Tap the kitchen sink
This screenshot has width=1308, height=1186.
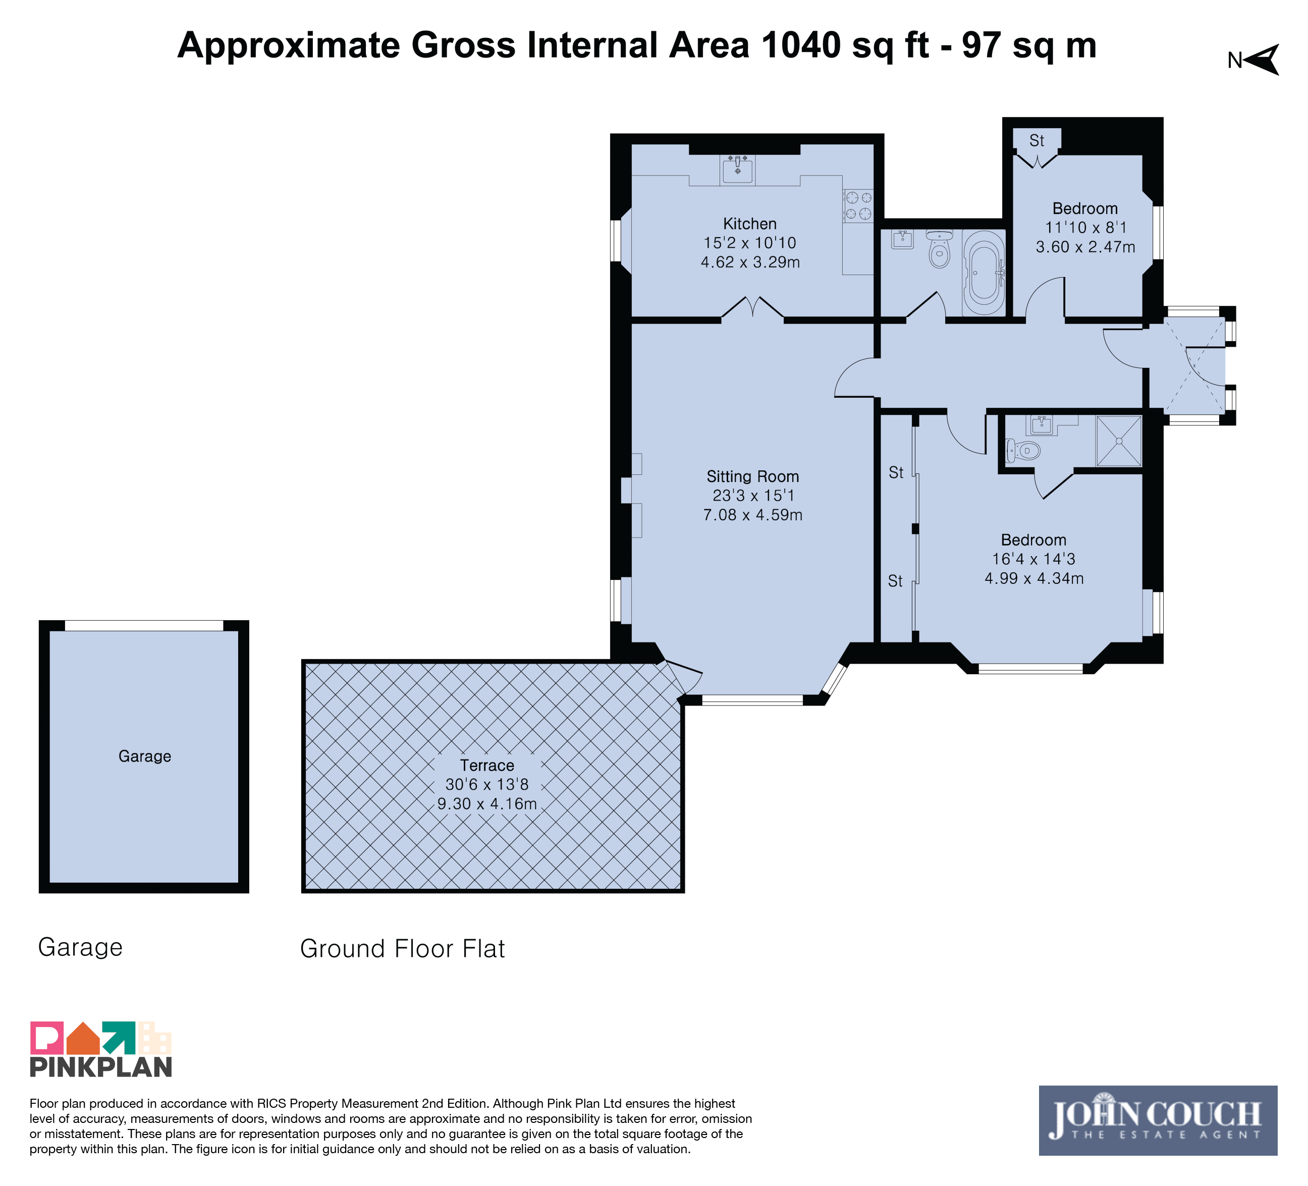738,170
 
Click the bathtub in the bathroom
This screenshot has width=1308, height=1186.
984,273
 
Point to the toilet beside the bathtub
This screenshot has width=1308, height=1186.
939,248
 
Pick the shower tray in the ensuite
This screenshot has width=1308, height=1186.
1119,441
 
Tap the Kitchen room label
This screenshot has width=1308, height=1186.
749,224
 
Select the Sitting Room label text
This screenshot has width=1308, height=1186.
752,477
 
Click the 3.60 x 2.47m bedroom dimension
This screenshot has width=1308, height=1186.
1085,247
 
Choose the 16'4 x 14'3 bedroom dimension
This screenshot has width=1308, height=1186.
1033,559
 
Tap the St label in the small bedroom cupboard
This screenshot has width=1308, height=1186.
1037,141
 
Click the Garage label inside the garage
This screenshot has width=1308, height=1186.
145,757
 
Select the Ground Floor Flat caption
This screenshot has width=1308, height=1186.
402,949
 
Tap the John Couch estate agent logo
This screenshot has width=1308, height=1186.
1158,1120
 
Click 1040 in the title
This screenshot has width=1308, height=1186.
801,45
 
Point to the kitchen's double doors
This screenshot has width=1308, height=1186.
752,308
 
